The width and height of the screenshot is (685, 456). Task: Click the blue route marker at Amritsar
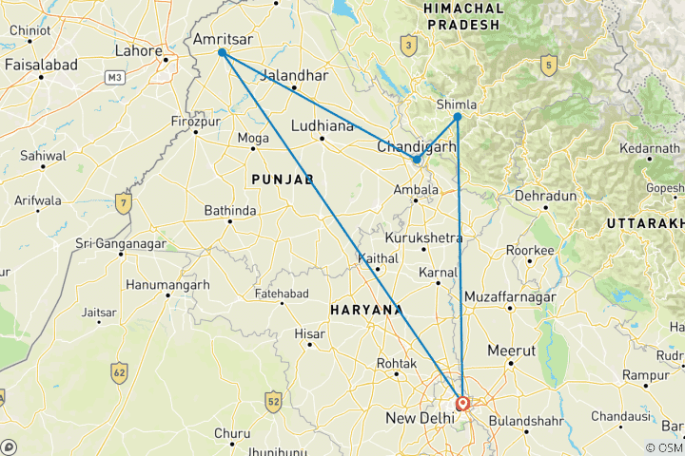pyautogui.click(x=222, y=52)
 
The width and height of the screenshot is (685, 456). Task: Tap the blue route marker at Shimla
pyautogui.click(x=458, y=117)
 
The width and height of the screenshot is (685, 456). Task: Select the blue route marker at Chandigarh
pyautogui.click(x=417, y=160)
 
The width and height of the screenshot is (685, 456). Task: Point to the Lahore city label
pyautogui.click(x=139, y=50)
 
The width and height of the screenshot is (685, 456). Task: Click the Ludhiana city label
pyautogui.click(x=322, y=125)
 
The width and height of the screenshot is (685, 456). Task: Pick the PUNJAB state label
pyautogui.click(x=283, y=179)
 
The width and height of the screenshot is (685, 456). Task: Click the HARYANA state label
pyautogui.click(x=365, y=310)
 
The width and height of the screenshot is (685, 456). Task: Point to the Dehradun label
pyautogui.click(x=546, y=196)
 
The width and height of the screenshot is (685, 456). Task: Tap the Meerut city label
pyautogui.click(x=512, y=351)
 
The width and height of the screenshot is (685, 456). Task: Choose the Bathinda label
pyautogui.click(x=229, y=210)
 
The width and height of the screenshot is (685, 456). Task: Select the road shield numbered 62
pyautogui.click(x=119, y=370)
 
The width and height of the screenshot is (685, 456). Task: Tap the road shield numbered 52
pyautogui.click(x=273, y=399)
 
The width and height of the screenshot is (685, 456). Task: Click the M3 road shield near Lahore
pyautogui.click(x=115, y=75)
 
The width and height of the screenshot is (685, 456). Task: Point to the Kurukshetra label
pyautogui.click(x=424, y=237)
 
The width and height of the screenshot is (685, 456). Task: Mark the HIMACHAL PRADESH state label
pyautogui.click(x=462, y=15)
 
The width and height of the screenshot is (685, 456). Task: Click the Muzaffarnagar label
pyautogui.click(x=510, y=298)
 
